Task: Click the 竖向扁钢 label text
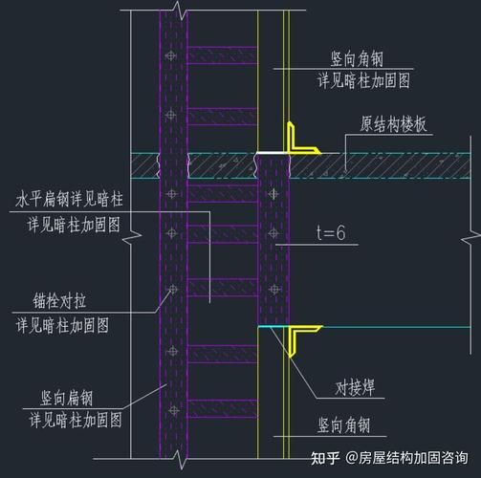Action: [53, 395]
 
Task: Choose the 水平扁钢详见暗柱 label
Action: [71, 200]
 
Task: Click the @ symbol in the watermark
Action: [352, 459]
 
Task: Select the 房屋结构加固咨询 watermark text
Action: [414, 459]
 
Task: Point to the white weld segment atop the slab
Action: [270, 151]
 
